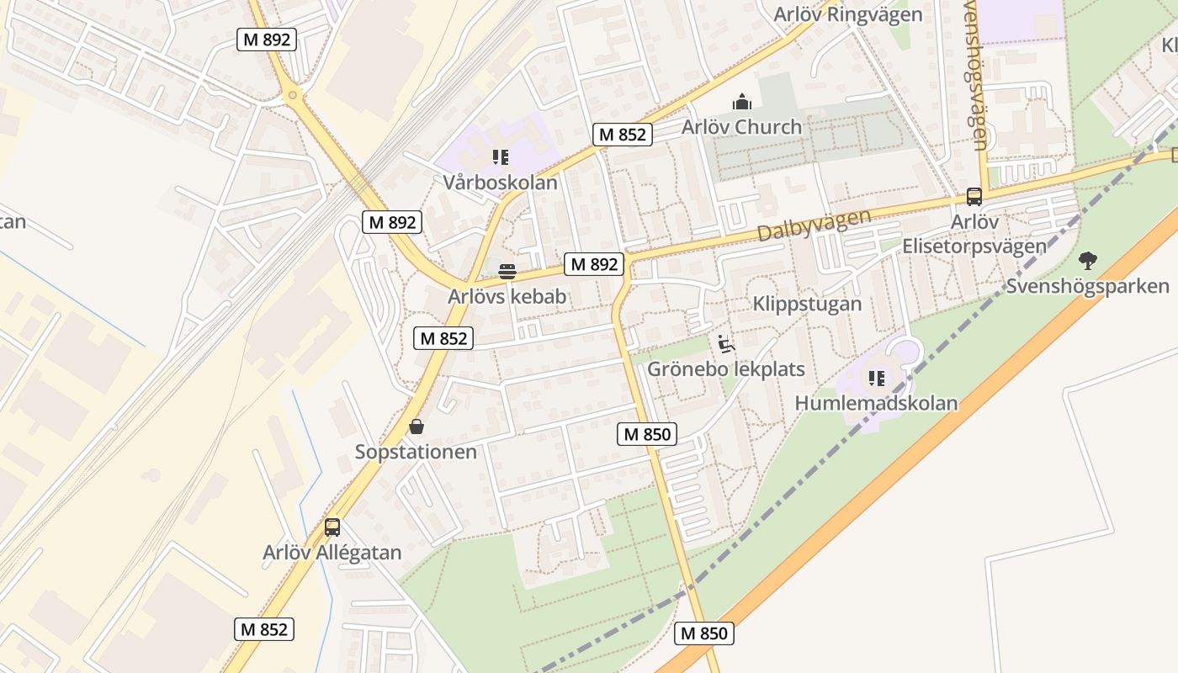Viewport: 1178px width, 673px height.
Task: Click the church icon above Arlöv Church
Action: pyautogui.click(x=741, y=102)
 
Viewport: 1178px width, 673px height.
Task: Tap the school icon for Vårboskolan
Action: pyautogui.click(x=501, y=157)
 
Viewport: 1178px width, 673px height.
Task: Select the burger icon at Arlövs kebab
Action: pyautogui.click(x=507, y=272)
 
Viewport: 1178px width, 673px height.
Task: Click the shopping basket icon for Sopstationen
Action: pyautogui.click(x=416, y=427)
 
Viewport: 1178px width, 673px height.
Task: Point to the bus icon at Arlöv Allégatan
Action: pyautogui.click(x=332, y=527)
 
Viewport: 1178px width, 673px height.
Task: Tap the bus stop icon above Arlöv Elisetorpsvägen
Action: pyautogui.click(x=974, y=197)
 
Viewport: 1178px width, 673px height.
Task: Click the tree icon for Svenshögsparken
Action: pyautogui.click(x=1088, y=261)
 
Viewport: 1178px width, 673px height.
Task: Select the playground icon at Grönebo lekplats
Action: pyautogui.click(x=725, y=344)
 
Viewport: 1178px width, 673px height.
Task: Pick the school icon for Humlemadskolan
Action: pyautogui.click(x=876, y=379)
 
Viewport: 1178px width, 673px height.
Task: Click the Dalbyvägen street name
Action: pyautogui.click(x=814, y=225)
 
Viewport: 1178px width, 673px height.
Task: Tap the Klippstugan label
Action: pyautogui.click(x=807, y=304)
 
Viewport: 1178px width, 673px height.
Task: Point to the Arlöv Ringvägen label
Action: pyautogui.click(x=847, y=14)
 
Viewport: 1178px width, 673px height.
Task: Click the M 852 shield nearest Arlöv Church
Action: pyautogui.click(x=623, y=135)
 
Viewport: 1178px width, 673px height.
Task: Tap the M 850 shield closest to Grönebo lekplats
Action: pyautogui.click(x=646, y=434)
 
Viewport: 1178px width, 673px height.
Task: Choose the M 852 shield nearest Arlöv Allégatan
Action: pyautogui.click(x=264, y=629)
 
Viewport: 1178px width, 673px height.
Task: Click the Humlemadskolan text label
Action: pyautogui.click(x=876, y=403)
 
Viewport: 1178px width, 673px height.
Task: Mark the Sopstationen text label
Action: pyautogui.click(x=416, y=452)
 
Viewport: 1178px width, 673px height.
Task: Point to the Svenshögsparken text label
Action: pyautogui.click(x=1088, y=286)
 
